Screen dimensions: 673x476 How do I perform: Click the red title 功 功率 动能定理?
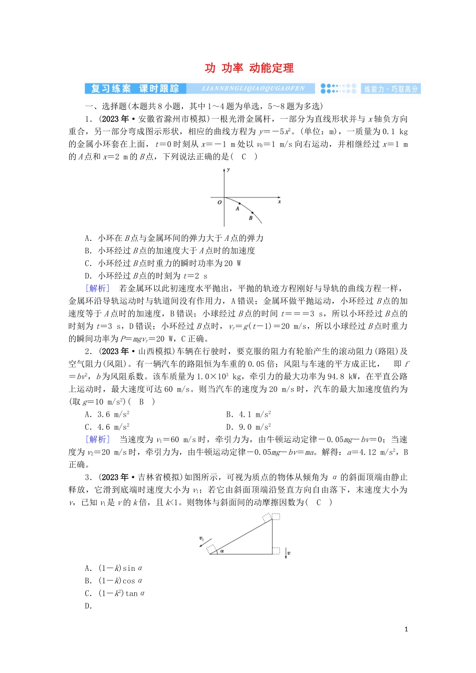(x=249, y=68)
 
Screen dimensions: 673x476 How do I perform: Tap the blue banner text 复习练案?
(x=111, y=89)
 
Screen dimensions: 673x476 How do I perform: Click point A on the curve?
(x=239, y=203)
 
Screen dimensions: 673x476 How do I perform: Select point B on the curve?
(x=252, y=212)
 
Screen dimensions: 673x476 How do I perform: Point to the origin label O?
(x=219, y=202)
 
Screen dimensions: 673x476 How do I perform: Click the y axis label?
(x=228, y=170)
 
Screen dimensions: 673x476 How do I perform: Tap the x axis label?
(x=279, y=202)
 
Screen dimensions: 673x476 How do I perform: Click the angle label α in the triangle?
(x=221, y=551)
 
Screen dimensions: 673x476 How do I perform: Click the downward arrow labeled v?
(x=286, y=553)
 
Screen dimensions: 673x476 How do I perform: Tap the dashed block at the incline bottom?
(x=211, y=549)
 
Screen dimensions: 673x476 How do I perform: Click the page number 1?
(x=406, y=629)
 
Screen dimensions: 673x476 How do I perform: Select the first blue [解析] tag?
(x=97, y=288)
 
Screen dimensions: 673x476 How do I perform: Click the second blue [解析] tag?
(x=97, y=440)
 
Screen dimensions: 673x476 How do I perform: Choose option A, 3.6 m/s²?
(x=107, y=415)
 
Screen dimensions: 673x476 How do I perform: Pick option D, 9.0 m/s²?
(x=249, y=427)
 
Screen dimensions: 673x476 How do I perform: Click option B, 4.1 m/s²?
(x=249, y=415)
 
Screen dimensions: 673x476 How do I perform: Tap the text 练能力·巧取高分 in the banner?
(x=391, y=89)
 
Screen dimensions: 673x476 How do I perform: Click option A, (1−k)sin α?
(x=114, y=568)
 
